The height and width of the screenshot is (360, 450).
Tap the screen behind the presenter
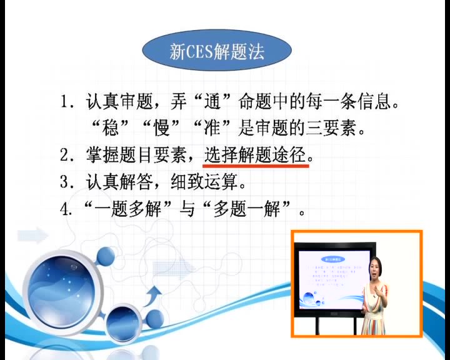pos(328,278)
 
